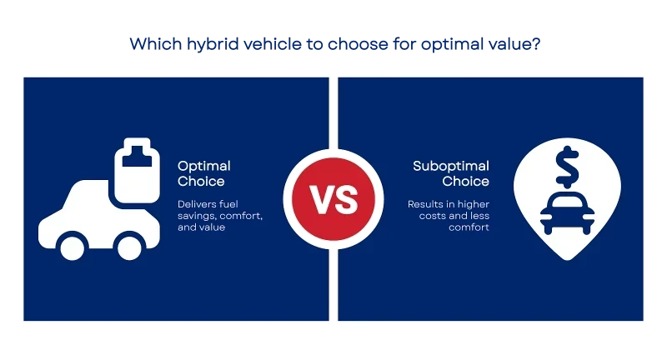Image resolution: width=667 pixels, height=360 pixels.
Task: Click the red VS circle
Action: tap(333, 199)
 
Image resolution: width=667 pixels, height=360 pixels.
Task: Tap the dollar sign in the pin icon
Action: tap(567, 167)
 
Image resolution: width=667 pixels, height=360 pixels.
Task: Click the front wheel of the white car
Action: tap(129, 247)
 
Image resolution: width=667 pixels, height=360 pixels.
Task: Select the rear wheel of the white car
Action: tap(73, 247)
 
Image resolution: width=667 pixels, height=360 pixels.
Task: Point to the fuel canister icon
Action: tap(137, 170)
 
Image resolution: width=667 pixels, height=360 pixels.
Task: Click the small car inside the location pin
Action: tap(568, 213)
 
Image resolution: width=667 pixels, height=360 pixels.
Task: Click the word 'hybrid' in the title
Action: tap(213, 44)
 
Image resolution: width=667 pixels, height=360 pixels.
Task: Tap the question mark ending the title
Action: tap(535, 43)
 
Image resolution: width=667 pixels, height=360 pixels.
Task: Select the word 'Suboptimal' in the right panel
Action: tap(451, 166)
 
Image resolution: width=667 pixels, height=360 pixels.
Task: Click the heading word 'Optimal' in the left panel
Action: tap(204, 166)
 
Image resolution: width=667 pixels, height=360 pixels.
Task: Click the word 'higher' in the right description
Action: tap(474, 204)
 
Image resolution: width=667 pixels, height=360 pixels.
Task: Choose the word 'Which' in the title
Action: tap(156, 44)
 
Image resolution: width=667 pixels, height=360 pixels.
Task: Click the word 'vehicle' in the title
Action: tap(273, 44)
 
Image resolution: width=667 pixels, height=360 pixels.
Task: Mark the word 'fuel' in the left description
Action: tap(228, 204)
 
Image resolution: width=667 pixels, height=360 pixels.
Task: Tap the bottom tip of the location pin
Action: tap(568, 260)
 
